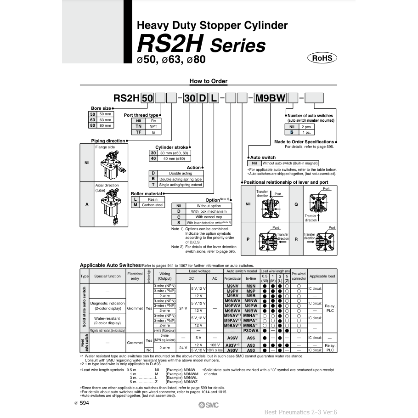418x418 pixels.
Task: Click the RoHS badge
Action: pyautogui.click(x=322, y=58)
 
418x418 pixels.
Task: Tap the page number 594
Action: pyautogui.click(x=84, y=403)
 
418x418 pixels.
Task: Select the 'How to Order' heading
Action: pyautogui.click(x=209, y=81)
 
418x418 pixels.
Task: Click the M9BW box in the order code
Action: pyautogui.click(x=271, y=98)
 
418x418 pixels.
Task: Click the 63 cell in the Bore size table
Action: pyautogui.click(x=92, y=119)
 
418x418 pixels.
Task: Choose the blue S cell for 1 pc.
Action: pyautogui.click(x=292, y=132)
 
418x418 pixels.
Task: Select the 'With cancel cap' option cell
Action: pyautogui.click(x=209, y=217)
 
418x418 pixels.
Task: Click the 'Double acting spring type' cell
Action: pyautogui.click(x=180, y=179)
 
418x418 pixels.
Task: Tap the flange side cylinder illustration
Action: pyautogui.click(x=110, y=163)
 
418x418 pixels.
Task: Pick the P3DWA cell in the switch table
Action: pyautogui.click(x=251, y=330)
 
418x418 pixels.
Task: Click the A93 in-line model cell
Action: pyautogui.click(x=251, y=345)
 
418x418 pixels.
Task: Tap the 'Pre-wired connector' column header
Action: pyautogui.click(x=299, y=276)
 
